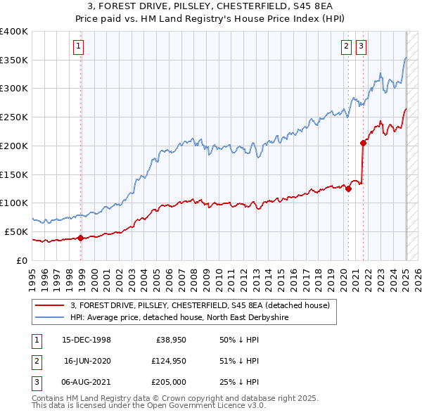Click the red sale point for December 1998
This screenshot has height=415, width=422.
click(80, 238)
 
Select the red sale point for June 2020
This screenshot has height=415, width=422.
click(348, 189)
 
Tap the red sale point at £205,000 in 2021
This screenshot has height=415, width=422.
click(364, 143)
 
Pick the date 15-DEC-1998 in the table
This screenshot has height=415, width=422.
click(87, 340)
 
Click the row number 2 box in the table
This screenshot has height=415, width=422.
click(35, 362)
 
